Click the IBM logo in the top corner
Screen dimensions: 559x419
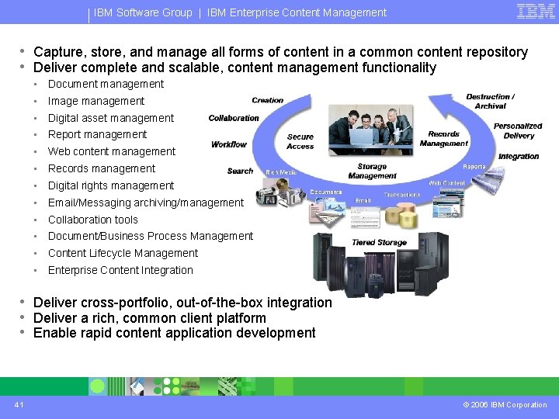[x=536, y=12]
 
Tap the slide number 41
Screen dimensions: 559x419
[x=18, y=404]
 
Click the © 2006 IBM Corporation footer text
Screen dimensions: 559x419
[x=505, y=404]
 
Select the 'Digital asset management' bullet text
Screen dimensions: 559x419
[x=111, y=118]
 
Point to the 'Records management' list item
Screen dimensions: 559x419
[x=102, y=168]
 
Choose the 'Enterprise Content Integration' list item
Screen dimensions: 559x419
[x=120, y=270]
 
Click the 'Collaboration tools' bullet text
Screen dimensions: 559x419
[x=93, y=220]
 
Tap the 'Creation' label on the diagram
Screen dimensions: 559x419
[x=268, y=100]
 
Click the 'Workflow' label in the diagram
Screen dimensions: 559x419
[x=229, y=144]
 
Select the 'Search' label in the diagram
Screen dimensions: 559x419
[x=241, y=171]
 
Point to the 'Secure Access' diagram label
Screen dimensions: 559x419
[x=300, y=141]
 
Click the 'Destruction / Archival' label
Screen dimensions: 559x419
[x=490, y=102]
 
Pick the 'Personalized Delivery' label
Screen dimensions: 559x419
[x=518, y=130]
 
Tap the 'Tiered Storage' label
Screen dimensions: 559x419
[x=379, y=243]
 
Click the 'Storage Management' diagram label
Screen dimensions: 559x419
[x=372, y=171]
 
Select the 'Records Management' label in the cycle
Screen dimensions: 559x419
[x=444, y=138]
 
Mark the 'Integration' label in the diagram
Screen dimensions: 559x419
[x=519, y=156]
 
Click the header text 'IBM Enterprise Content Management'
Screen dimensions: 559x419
[x=297, y=12]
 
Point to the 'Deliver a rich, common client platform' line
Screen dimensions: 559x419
[x=150, y=318]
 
